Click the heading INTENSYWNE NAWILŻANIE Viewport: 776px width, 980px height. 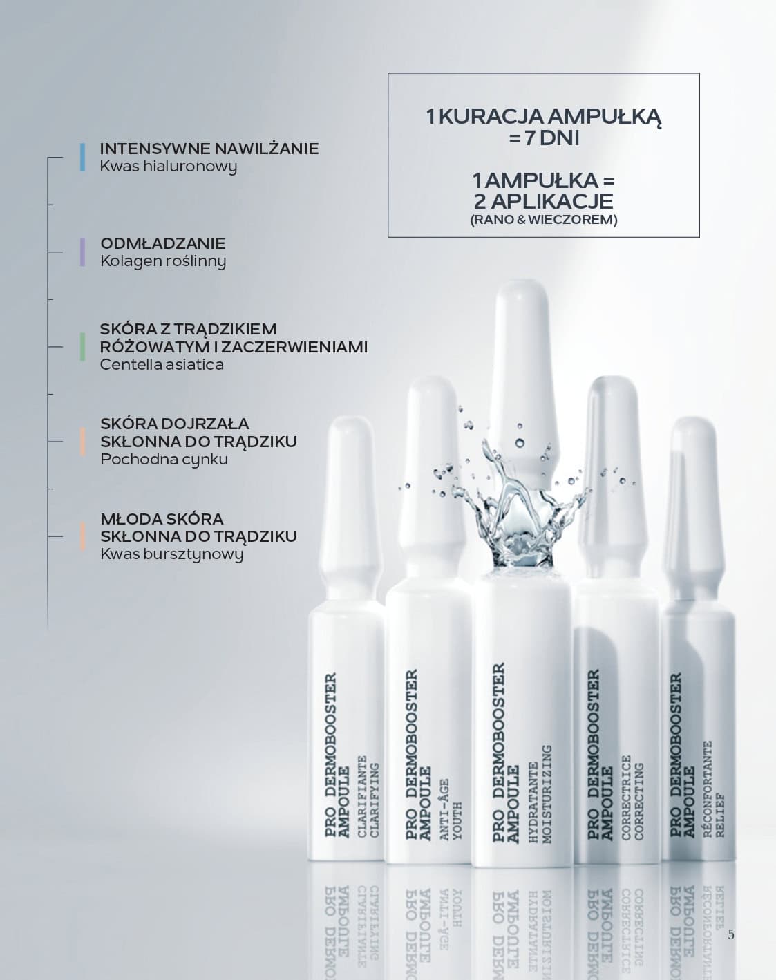coord(209,149)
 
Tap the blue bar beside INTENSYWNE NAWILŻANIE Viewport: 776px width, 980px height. coord(82,157)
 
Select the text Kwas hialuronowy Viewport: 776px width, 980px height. coord(169,167)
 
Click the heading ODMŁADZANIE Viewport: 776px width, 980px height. coord(163,243)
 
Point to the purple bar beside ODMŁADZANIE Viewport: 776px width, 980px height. coord(82,252)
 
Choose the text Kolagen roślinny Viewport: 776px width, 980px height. coord(163,261)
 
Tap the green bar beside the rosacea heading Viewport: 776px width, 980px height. coord(82,347)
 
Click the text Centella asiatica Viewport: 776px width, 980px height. coord(162,365)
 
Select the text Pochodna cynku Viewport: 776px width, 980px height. coord(164,460)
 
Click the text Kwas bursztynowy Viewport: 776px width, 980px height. coord(171,555)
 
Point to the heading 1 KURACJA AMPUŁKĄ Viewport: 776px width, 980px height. coord(544,117)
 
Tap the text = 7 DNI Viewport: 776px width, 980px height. coord(544,138)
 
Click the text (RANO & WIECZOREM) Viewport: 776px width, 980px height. coord(544,220)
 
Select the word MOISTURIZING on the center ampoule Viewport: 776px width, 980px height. coord(547,794)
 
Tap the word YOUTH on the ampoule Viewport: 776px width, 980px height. coord(457,821)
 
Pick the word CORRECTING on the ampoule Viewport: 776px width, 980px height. coord(639,802)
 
